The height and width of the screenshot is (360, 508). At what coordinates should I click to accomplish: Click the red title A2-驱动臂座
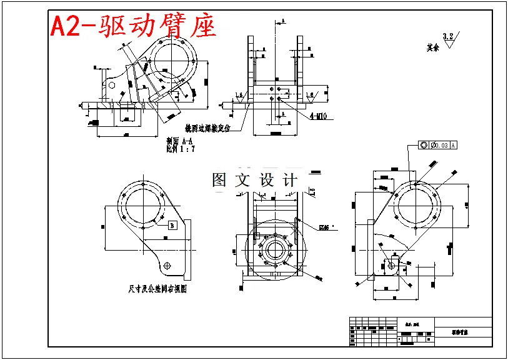(132, 26)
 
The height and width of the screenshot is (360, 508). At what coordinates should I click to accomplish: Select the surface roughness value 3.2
(447, 36)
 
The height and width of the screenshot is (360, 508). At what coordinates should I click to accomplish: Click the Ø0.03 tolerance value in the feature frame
(439, 145)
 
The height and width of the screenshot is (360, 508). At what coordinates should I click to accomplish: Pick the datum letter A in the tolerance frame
(454, 145)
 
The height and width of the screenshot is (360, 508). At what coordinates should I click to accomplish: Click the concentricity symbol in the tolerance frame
(424, 145)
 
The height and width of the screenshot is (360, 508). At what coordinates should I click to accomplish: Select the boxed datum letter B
(172, 226)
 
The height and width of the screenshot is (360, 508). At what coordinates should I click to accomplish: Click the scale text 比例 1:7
(181, 149)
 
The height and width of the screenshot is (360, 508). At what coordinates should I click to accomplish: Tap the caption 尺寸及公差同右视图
(158, 289)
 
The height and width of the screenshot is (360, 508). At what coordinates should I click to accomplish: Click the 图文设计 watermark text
(254, 180)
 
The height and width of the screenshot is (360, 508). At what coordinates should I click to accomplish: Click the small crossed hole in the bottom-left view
(167, 265)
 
